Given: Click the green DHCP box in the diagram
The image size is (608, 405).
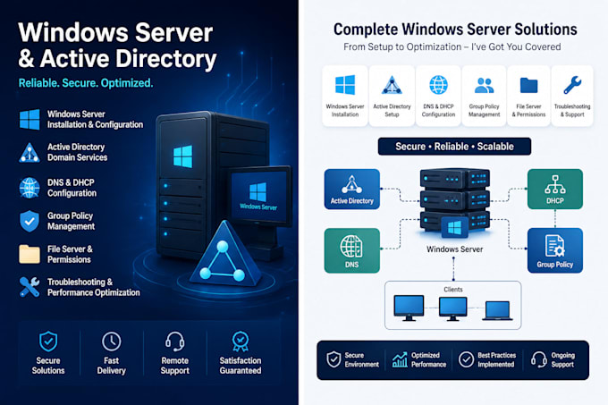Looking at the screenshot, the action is [x=555, y=189].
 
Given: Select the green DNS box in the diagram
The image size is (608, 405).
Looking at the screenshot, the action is [x=351, y=250].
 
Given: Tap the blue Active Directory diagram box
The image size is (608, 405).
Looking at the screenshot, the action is [x=351, y=189].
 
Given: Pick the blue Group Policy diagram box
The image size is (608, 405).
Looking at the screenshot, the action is [x=555, y=250].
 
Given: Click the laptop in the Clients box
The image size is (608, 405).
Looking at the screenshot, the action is [x=497, y=311].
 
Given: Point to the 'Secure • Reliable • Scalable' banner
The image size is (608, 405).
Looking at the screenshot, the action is [x=454, y=147].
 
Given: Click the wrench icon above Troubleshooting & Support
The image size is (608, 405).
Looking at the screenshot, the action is [x=572, y=85].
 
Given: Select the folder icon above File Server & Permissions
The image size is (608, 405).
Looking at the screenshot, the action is [x=529, y=85].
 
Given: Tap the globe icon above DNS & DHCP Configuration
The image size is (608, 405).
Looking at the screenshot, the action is [x=438, y=85].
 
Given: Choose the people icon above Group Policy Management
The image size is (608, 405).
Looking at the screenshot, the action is [x=485, y=85].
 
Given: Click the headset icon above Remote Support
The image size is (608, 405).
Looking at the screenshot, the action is [x=175, y=342].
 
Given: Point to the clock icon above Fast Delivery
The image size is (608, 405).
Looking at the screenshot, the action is [x=111, y=342].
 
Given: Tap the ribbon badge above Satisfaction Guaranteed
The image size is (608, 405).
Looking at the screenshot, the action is [x=241, y=342].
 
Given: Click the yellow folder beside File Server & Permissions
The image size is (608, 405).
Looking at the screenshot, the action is [x=30, y=254].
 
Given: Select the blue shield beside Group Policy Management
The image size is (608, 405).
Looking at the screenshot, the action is [x=30, y=222].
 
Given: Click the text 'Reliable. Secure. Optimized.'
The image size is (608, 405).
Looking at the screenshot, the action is [x=86, y=83].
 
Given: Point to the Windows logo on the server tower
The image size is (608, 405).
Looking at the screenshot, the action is [x=182, y=156].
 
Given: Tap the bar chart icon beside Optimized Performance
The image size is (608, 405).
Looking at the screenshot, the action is [x=400, y=359].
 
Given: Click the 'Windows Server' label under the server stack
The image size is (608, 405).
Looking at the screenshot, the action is [x=455, y=249].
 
